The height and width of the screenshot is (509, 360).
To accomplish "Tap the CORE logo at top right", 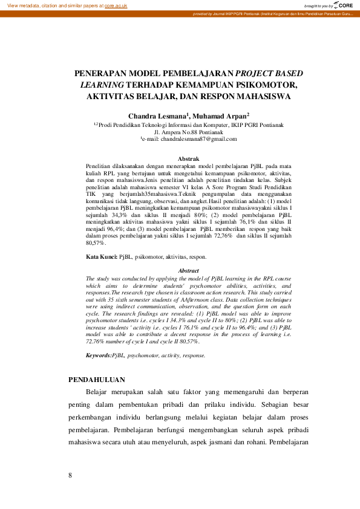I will (345, 5).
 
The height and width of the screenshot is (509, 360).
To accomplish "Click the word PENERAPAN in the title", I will (100, 73).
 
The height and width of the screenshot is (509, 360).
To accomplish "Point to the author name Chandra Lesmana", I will (150, 115).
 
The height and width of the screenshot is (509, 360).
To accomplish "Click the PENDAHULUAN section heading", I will (97, 380).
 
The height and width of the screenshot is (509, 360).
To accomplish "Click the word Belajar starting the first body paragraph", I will (99, 393).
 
